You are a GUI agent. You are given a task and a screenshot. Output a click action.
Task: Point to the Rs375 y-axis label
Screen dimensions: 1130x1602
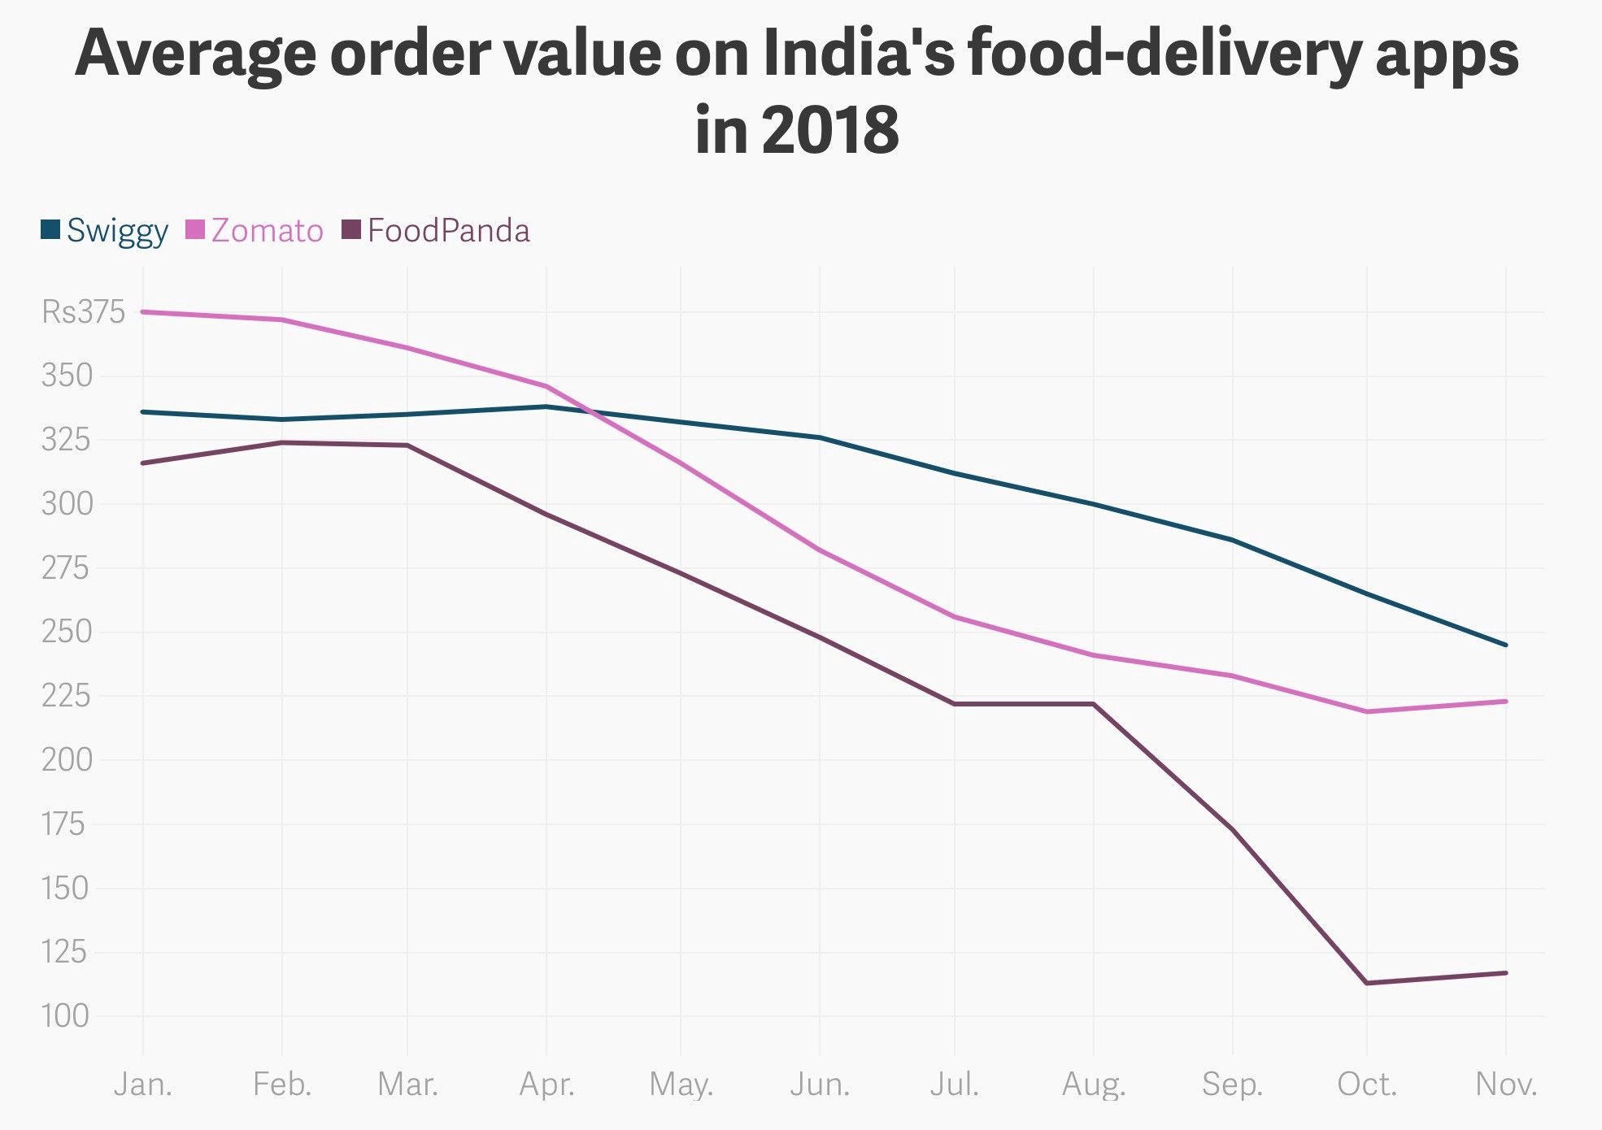click(x=84, y=312)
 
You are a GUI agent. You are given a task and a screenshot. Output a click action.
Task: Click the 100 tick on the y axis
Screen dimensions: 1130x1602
click(x=65, y=1016)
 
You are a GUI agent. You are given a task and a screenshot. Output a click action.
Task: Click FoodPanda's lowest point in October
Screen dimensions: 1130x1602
click(x=1367, y=983)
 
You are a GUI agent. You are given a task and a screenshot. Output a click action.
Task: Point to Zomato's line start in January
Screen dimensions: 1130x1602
click(x=143, y=311)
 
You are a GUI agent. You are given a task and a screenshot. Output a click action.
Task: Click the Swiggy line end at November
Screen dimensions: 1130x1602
click(x=1506, y=645)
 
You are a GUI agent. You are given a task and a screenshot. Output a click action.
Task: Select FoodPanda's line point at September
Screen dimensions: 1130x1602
click(x=1233, y=829)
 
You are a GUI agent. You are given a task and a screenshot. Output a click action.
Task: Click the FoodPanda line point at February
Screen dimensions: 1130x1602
click(x=281, y=443)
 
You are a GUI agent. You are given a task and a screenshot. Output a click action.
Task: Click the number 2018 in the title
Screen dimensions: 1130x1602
click(x=830, y=130)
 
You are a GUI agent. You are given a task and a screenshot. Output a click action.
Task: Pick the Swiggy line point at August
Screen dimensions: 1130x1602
click(x=1094, y=504)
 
